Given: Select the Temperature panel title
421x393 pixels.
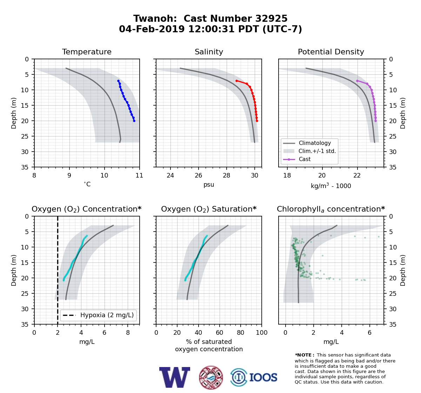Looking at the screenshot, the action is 87,52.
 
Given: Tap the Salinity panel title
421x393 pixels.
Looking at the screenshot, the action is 209,52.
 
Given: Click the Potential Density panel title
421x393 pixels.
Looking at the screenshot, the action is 331,52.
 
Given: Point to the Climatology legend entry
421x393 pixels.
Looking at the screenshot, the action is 315,143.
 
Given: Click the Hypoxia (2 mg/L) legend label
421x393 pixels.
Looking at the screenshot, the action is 107,315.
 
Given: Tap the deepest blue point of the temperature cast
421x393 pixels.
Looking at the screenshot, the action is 134,121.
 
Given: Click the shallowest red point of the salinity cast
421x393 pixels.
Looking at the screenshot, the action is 236,81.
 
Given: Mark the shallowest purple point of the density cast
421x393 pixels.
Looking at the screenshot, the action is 357,81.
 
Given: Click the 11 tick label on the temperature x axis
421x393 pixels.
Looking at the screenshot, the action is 139,175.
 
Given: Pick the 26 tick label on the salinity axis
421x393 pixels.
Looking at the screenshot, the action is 199,175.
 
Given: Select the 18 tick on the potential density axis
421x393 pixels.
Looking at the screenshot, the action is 287,175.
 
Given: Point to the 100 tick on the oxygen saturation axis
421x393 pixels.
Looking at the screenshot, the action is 262,333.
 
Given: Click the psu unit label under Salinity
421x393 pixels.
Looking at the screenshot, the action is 209,185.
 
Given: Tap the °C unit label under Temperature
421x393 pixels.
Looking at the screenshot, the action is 87,184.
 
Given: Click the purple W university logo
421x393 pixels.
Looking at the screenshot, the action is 175,378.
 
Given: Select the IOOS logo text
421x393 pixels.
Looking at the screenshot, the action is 263,378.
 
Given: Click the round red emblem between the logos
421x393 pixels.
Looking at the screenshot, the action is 211,378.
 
